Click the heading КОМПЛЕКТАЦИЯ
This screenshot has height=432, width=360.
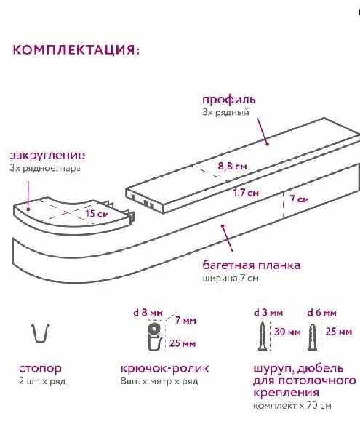tap(76, 50)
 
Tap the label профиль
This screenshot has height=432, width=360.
tap(229, 100)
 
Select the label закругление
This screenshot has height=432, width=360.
tap(47, 155)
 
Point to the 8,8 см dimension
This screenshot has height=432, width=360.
tap(232, 166)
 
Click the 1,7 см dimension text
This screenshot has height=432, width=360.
tap(246, 193)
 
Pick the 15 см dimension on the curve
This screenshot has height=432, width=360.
tap(97, 214)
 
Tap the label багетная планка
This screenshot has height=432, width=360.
tap(251, 265)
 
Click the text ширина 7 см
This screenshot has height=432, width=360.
tap(231, 279)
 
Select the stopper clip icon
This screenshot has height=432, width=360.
tap(41, 332)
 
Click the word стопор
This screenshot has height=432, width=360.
tap(40, 369)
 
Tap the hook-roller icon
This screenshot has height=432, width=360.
tap(154, 335)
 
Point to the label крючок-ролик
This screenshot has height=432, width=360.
tap(164, 368)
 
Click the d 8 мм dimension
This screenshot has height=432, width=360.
tap(148, 313)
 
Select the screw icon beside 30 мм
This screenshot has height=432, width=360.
tap(263, 336)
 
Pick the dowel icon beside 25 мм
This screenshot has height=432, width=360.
tap(312, 337)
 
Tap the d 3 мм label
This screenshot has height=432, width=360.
tap(268, 313)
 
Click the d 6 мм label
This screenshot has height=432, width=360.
tap(321, 313)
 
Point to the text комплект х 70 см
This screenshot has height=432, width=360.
tap(292, 406)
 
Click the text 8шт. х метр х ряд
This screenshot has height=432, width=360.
tap(159, 381)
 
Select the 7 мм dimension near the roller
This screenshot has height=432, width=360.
tap(185, 321)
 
